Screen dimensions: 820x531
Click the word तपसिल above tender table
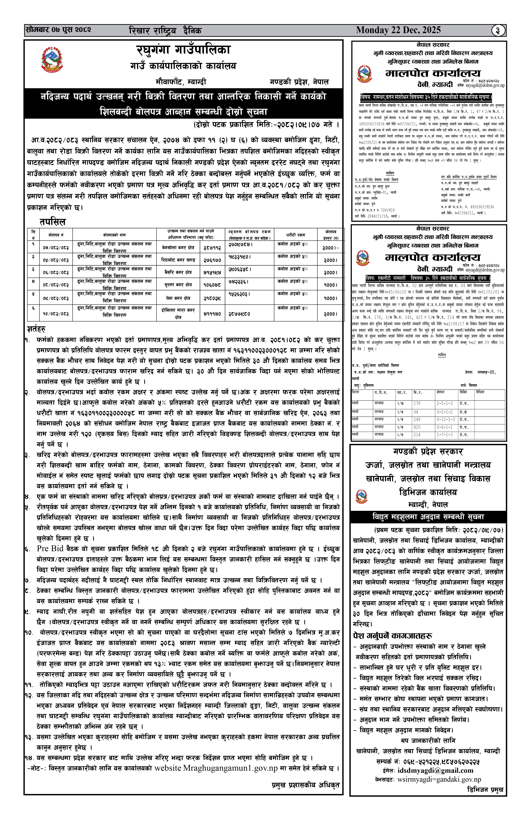tap(52, 222)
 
